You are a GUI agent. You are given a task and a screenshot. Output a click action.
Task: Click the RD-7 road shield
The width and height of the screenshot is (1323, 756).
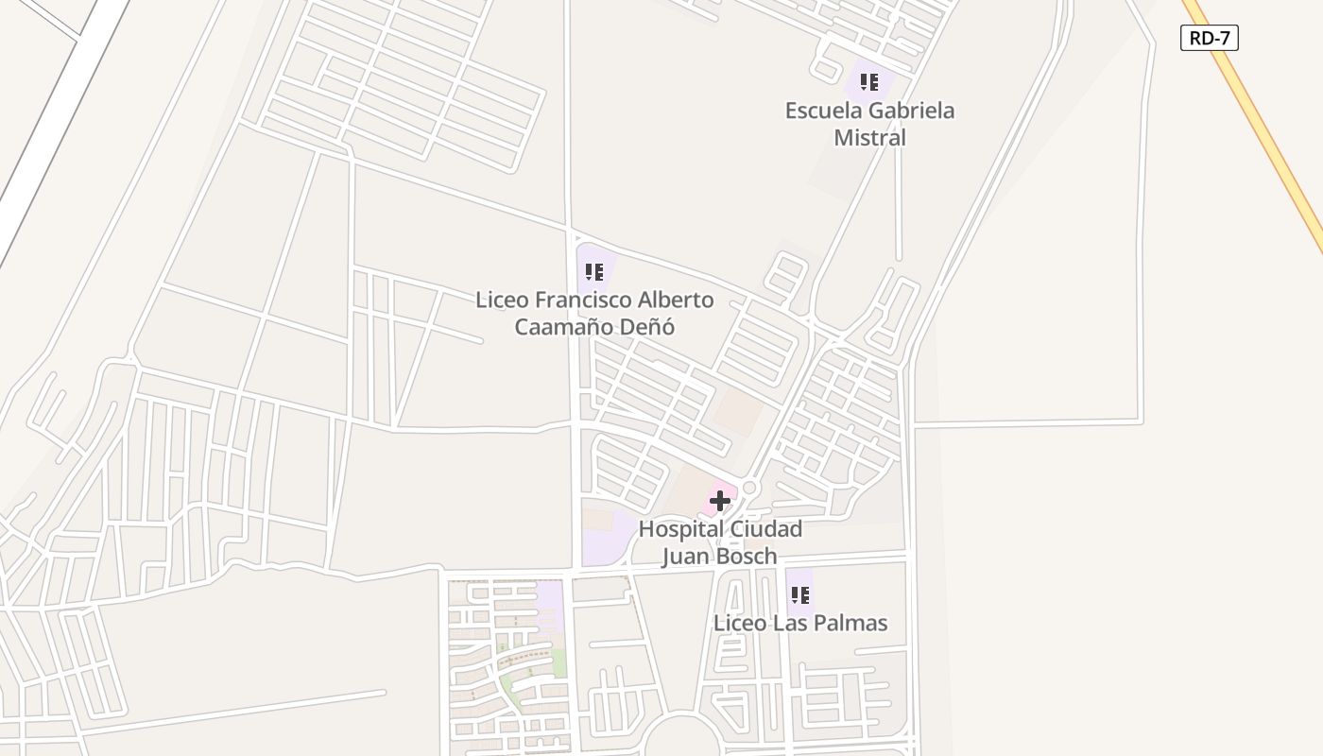1209,38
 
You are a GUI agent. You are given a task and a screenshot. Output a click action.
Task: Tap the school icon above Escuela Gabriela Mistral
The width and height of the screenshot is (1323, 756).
869,82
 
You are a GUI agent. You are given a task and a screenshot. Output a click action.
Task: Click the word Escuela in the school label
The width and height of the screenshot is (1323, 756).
825,111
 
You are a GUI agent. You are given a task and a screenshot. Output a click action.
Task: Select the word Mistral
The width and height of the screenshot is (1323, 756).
869,138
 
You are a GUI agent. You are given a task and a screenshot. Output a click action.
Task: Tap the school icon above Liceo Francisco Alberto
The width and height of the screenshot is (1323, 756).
594,273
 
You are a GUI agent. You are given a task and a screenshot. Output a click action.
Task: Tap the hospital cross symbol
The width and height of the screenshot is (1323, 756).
720,501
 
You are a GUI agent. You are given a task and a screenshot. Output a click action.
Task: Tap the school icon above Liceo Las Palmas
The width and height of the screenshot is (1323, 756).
800,595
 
